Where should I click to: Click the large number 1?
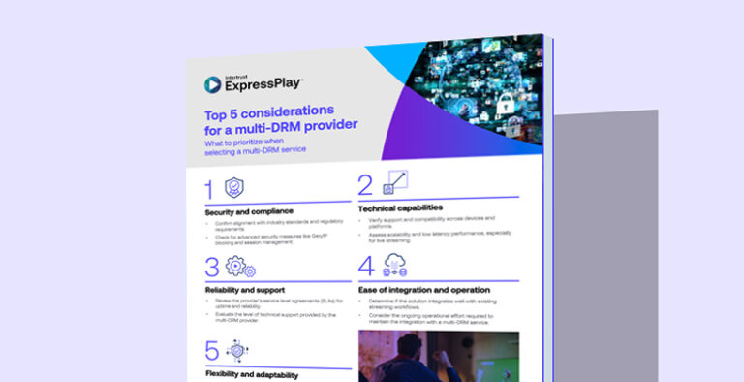tap(209, 190)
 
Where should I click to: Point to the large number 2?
tap(365, 185)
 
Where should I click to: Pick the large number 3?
tap(212, 269)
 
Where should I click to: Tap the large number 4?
tap(366, 268)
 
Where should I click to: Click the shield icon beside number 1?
tap(233, 188)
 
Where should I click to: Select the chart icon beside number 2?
tap(396, 181)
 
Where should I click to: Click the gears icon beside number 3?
tap(239, 268)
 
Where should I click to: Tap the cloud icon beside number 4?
tap(395, 265)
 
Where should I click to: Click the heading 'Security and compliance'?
tap(249, 211)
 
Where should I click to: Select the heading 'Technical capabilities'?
tap(400, 207)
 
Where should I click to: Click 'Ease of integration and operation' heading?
tap(423, 290)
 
